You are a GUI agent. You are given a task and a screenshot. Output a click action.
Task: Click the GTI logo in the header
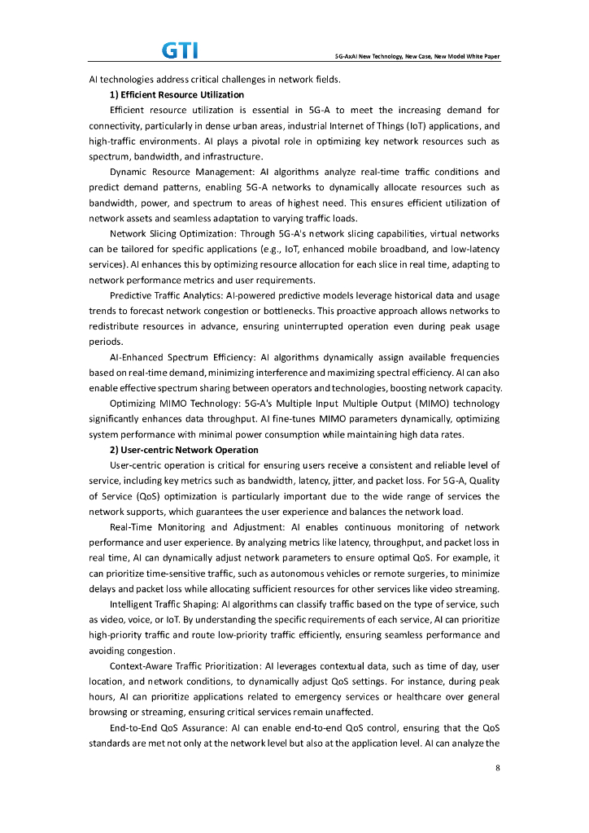181,51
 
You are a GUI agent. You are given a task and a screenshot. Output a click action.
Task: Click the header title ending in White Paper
417,57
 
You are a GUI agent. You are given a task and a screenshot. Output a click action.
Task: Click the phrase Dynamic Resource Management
181,172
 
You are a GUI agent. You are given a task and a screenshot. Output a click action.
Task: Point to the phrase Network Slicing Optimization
173,233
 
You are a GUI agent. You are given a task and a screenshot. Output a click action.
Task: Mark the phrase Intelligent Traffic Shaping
164,604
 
